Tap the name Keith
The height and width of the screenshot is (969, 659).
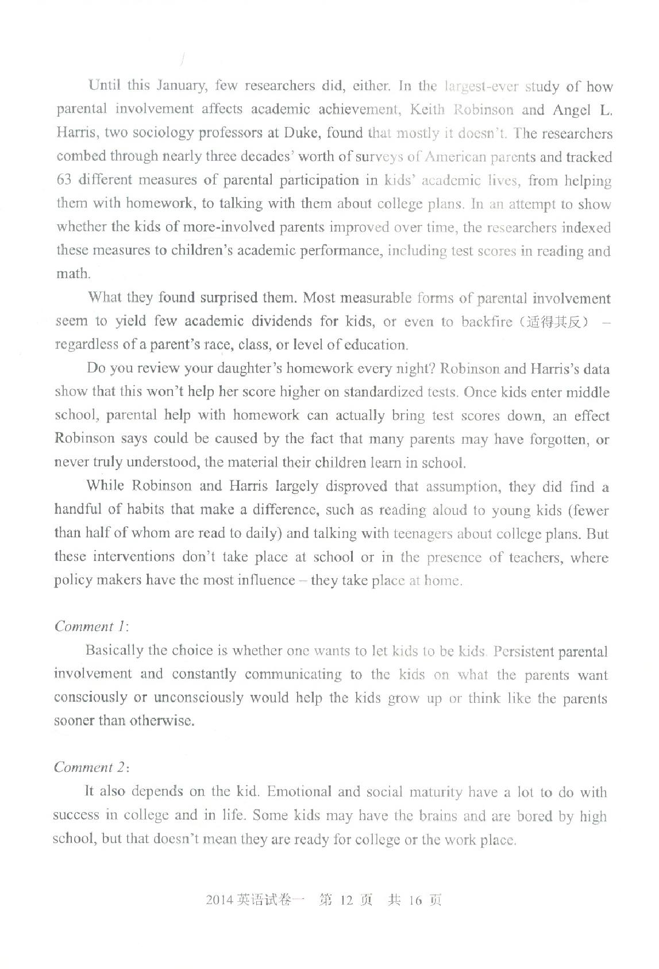(x=427, y=110)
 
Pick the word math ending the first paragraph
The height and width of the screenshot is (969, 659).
(x=72, y=274)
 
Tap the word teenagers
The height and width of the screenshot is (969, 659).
(x=422, y=534)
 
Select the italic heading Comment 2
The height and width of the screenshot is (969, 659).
(x=90, y=768)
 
